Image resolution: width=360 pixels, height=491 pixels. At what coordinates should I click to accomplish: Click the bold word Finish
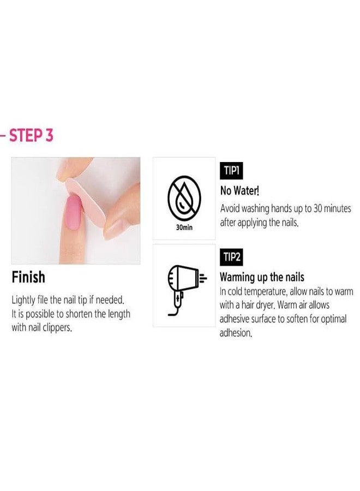tap(28, 278)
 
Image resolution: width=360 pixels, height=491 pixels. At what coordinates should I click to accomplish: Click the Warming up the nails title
tap(262, 277)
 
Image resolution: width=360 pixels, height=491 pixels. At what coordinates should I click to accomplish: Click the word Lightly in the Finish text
tap(25, 301)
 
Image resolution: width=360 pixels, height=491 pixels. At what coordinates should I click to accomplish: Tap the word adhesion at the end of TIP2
tap(236, 333)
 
